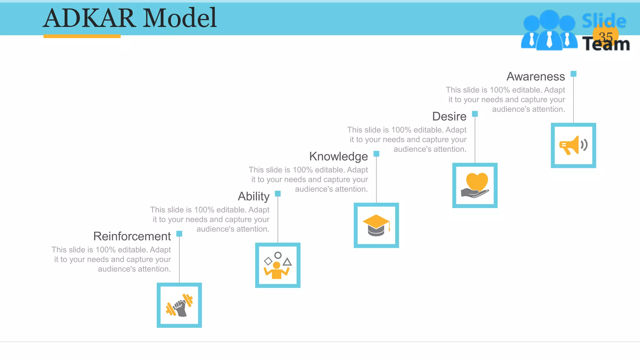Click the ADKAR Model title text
pyautogui.click(x=130, y=18)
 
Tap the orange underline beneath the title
pyautogui.click(x=82, y=36)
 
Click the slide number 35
pyautogui.click(x=606, y=37)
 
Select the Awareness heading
pyautogui.click(x=536, y=77)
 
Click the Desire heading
pyautogui.click(x=449, y=117)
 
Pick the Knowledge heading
pyautogui.click(x=338, y=157)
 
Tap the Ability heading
pyautogui.click(x=253, y=197)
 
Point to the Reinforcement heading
pyautogui.click(x=132, y=237)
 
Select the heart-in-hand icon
pyautogui.click(x=475, y=185)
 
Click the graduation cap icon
pyautogui.click(x=376, y=225)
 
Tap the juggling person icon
pyautogui.click(x=277, y=265)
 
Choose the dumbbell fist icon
pyautogui.click(x=179, y=305)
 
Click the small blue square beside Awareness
pyautogui.click(x=573, y=74)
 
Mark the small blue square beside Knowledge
pyautogui.click(x=376, y=154)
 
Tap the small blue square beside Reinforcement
pyautogui.click(x=179, y=234)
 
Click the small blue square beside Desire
pyautogui.click(x=475, y=114)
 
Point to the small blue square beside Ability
pyautogui.click(x=277, y=194)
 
